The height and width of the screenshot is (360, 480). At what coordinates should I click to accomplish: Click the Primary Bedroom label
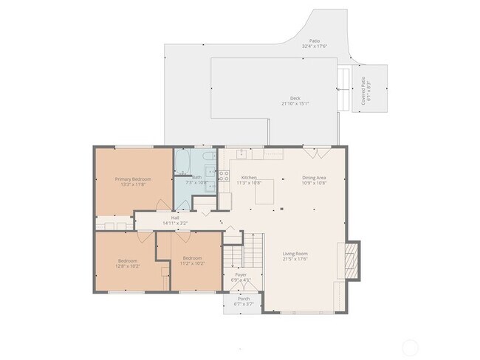coord(133,179)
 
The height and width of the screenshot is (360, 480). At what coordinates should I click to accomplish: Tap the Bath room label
coord(196,178)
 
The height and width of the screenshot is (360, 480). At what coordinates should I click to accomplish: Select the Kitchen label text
coord(249,178)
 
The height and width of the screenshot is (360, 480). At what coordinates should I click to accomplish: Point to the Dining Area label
coord(314,178)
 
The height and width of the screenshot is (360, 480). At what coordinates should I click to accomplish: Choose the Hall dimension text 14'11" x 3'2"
coord(175,223)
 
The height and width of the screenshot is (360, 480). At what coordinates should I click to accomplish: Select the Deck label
coord(295,98)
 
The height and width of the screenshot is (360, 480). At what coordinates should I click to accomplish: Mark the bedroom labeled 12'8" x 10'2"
coord(128,264)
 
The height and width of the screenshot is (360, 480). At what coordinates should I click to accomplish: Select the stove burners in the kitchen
coord(224,176)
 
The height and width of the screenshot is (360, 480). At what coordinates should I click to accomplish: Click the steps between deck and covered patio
coord(344,89)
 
